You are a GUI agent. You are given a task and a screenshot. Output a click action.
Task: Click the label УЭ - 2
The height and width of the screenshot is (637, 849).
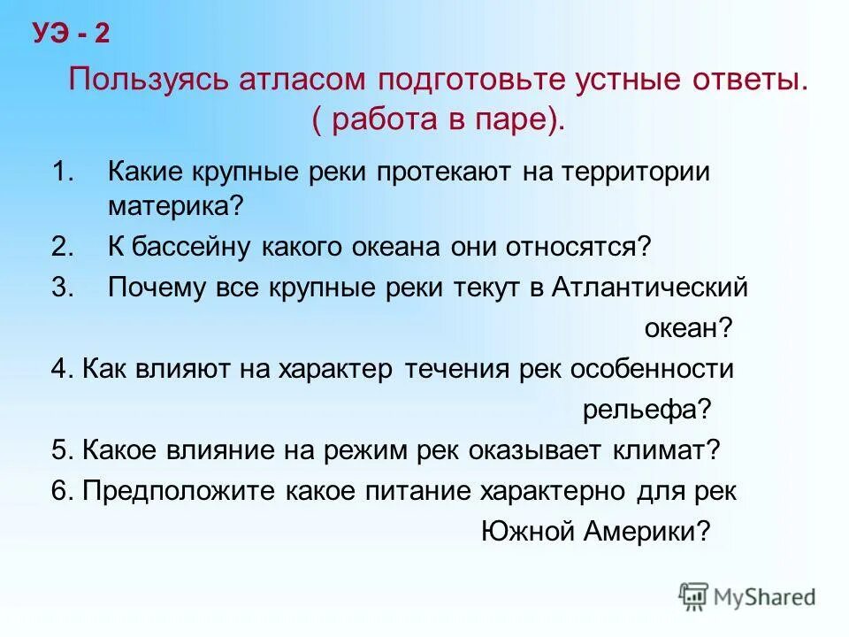72,34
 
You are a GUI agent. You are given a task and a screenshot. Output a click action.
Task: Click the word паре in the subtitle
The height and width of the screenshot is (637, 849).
516,120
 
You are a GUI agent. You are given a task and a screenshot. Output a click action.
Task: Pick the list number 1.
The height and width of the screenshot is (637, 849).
63,171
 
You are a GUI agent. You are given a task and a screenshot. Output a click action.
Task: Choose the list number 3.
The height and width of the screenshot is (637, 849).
63,288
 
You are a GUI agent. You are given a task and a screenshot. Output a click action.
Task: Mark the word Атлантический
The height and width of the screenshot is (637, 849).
650,288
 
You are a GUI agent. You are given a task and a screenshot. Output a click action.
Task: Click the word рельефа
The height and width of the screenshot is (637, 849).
641,409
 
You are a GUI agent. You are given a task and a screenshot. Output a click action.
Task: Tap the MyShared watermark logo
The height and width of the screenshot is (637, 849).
748,595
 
